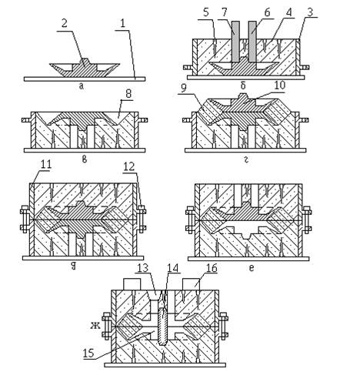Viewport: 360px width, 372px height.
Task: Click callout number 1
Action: tap(123, 24)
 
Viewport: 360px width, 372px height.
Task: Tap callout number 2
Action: tap(65, 24)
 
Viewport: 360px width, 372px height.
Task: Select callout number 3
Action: tap(310, 12)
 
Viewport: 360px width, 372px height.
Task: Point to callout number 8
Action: tap(128, 94)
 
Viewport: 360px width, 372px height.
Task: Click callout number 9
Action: tap(183, 89)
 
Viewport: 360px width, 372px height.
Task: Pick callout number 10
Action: tap(279, 85)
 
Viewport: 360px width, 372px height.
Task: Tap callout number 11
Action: tap(46, 164)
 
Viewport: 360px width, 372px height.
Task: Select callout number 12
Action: tap(129, 167)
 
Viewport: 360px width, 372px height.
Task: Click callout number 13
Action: tap(143, 268)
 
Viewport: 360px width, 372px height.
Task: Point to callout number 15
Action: tap(88, 353)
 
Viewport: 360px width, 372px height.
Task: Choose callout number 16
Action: tap(211, 268)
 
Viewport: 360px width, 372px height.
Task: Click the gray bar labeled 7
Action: tap(236, 41)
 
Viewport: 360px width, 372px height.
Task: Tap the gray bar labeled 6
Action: tap(252, 41)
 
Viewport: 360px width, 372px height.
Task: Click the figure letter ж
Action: tap(95, 326)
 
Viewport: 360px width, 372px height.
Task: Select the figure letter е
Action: tap(252, 268)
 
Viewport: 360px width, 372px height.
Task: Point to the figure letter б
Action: tap(243, 85)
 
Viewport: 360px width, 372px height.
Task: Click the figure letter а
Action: tap(82, 86)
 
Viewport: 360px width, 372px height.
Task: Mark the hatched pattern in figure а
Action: tap(85, 69)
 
